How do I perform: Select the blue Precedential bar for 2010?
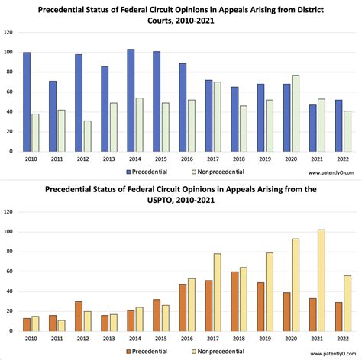(x=27, y=101)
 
